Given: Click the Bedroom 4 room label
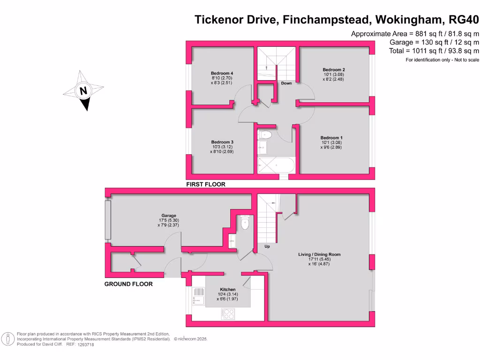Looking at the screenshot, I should pyautogui.click(x=222, y=74).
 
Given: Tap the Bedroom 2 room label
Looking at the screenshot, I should pyautogui.click(x=333, y=69).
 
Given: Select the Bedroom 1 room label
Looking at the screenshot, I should pyautogui.click(x=332, y=138).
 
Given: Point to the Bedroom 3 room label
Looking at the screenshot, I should pyautogui.click(x=222, y=142).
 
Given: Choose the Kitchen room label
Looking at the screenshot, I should pyautogui.click(x=227, y=289).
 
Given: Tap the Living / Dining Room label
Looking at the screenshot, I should pyautogui.click(x=319, y=255).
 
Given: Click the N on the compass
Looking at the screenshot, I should pyautogui.click(x=83, y=91).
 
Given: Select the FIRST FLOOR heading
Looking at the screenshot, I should pyautogui.click(x=206, y=184).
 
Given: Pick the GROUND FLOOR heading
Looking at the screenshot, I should pyautogui.click(x=128, y=284).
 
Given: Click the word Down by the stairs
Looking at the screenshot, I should pyautogui.click(x=286, y=83).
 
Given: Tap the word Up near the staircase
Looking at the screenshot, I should pyautogui.click(x=267, y=246).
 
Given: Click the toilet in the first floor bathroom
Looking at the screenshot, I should pyautogui.click(x=265, y=135).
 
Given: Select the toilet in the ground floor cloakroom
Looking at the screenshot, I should pyautogui.click(x=244, y=224).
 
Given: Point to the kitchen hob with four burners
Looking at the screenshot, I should pyautogui.click(x=229, y=313).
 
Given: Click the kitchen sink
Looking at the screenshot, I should pyautogui.click(x=198, y=296).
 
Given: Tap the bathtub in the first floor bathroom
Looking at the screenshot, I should pyautogui.click(x=276, y=165).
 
